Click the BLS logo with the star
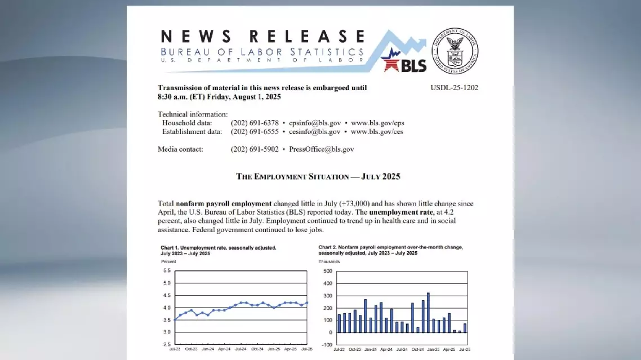point(403,61)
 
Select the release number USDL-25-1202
point(455,88)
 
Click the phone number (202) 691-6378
point(255,123)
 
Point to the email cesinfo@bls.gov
point(314,132)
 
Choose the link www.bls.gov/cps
point(377,123)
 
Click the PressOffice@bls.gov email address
point(321,149)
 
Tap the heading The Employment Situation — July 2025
point(318,176)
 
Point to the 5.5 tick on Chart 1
point(167,271)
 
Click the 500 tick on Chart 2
point(328,272)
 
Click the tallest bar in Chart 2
point(428,313)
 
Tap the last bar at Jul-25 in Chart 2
point(465,327)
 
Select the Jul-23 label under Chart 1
point(175,350)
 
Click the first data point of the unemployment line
point(175,319)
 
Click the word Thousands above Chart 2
point(330,262)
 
